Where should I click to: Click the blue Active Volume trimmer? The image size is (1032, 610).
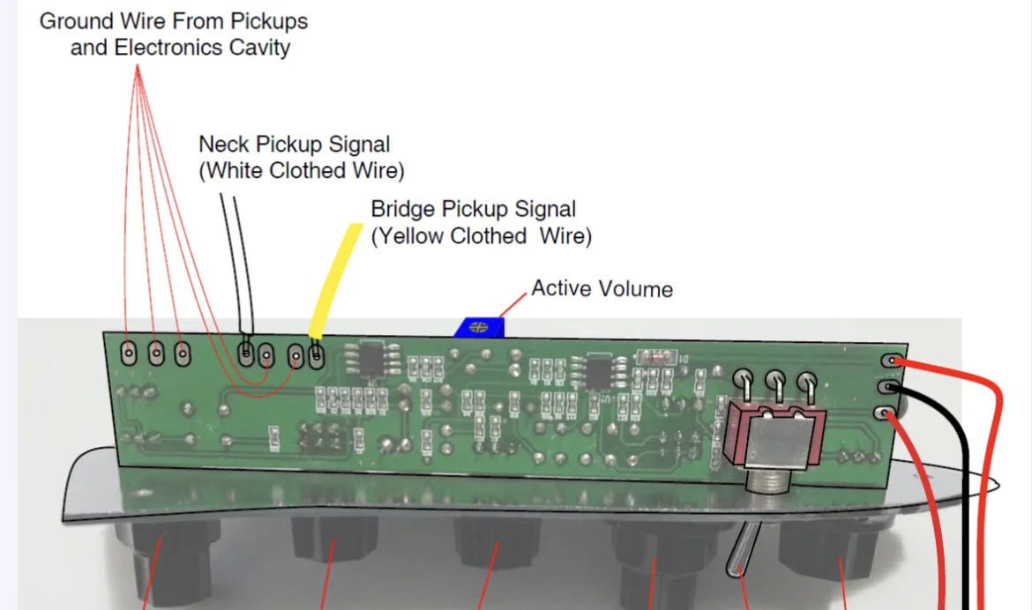478,327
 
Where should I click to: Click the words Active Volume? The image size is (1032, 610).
602,289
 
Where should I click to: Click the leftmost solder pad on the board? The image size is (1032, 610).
128,353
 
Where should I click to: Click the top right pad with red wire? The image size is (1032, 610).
893,361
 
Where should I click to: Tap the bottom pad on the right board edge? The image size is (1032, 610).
886,413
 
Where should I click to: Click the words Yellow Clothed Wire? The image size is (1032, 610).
482,236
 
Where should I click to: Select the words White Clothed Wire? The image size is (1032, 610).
302,170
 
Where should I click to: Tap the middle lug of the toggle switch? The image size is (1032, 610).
775,381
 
